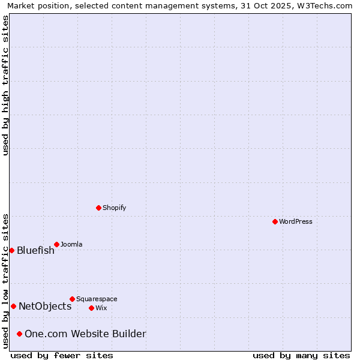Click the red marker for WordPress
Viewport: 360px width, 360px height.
pos(275,221)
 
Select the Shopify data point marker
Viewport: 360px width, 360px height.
pos(98,208)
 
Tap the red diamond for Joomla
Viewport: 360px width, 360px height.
pos(56,244)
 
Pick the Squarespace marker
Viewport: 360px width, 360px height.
pos(72,299)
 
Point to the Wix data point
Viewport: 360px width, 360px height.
pos(91,308)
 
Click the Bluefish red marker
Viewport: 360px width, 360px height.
pos(11,250)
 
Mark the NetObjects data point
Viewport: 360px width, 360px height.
pos(13,306)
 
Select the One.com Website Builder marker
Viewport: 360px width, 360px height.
pos(19,334)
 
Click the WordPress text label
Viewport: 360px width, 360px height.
pos(296,221)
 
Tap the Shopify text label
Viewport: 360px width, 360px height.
pos(115,208)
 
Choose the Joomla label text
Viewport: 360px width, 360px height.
pos(71,244)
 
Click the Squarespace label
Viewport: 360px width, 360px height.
pos(97,299)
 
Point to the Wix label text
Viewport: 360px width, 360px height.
pos(101,308)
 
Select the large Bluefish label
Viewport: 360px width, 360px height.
pos(35,250)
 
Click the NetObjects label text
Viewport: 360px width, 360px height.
pos(45,306)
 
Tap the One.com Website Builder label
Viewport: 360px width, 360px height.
pos(85,334)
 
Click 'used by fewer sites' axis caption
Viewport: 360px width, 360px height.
pos(62,355)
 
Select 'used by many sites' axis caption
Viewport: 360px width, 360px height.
pos(301,355)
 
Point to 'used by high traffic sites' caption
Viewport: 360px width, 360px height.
pos(5,85)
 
